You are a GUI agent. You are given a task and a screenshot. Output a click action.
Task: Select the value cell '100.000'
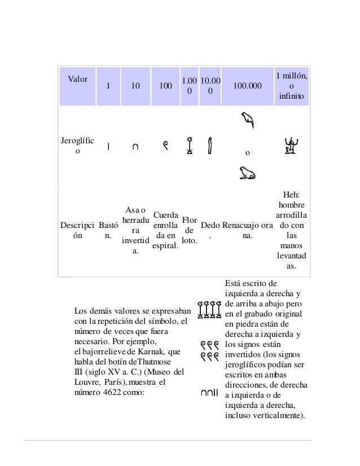(247, 86)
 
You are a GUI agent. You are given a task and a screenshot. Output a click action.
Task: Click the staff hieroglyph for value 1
(108, 147)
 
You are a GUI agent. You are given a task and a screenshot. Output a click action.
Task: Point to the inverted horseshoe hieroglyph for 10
(134, 148)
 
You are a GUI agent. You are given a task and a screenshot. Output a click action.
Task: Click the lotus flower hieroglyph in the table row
(190, 145)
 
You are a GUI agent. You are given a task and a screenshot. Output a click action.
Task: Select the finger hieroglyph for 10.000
(210, 146)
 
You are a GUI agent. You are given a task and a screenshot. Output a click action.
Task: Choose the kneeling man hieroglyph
(291, 147)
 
